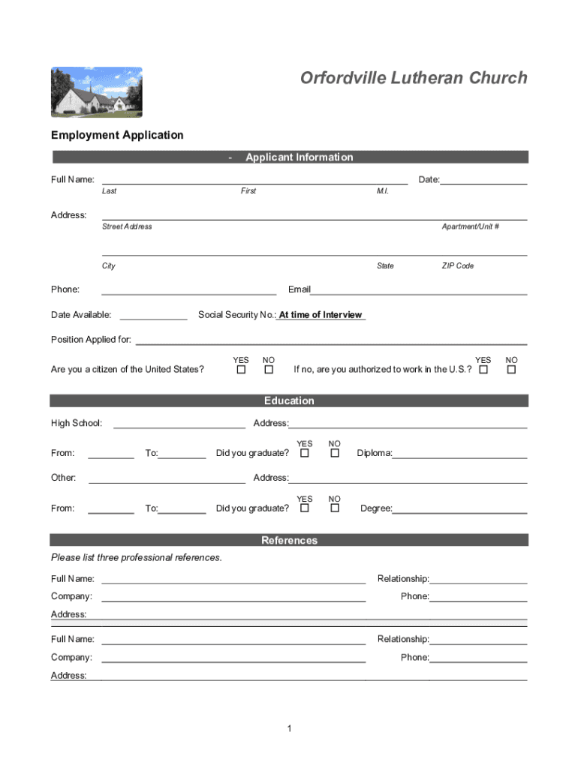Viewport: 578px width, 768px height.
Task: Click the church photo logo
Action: pos(96,92)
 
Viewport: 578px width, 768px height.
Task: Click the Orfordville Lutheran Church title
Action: pos(414,78)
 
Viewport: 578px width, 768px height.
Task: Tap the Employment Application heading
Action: pos(117,135)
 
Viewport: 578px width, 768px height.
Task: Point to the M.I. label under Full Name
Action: pos(383,191)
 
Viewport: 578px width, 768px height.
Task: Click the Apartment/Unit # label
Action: pos(471,226)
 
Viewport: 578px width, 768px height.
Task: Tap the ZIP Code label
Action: pos(458,266)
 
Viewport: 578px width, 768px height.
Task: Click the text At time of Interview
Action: pos(321,315)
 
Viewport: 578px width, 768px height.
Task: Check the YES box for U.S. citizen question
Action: pos(241,370)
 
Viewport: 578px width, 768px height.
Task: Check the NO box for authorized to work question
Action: pos(512,370)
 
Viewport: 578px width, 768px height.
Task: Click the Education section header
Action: pos(290,400)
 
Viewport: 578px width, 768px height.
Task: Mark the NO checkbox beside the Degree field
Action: pos(335,508)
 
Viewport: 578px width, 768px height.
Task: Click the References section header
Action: pos(290,540)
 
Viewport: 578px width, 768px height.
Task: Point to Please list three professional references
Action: pos(137,557)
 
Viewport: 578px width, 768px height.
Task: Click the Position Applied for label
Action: pos(91,340)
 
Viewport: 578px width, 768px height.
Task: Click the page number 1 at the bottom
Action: pos(289,729)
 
